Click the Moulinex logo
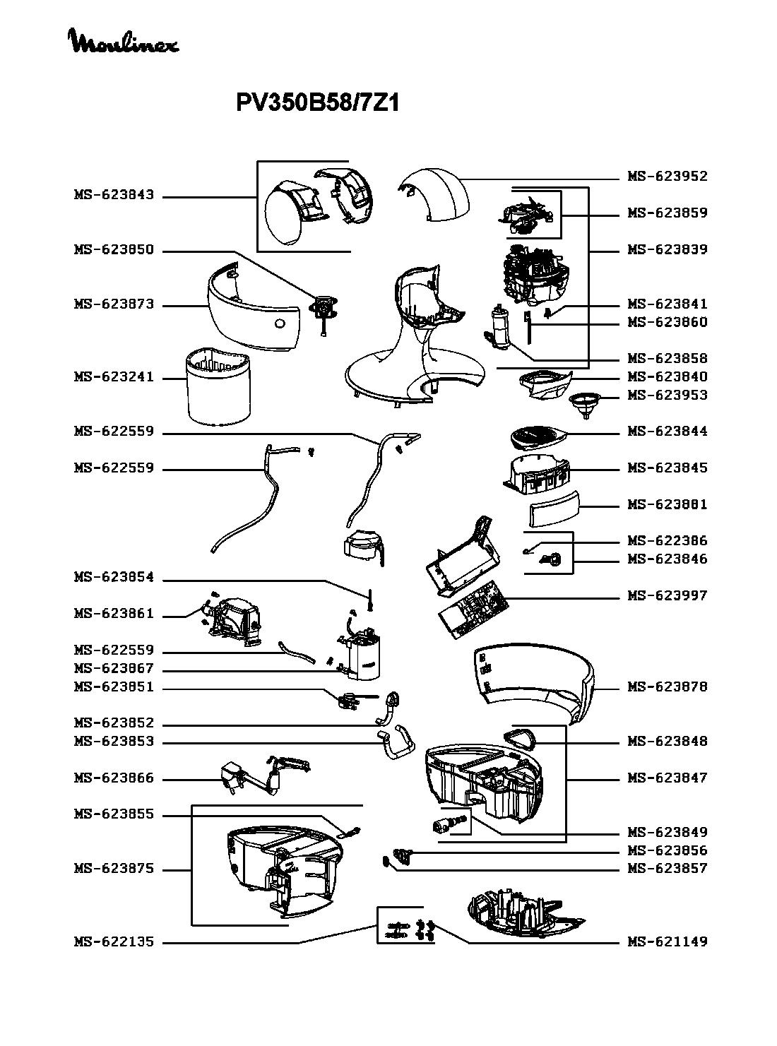[124, 42]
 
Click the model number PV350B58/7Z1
[318, 104]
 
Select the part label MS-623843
[114, 196]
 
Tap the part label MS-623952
[667, 177]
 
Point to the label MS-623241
[114, 378]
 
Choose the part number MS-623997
[667, 596]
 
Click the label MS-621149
[667, 942]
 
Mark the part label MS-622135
[114, 942]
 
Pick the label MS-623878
[667, 687]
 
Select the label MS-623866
[114, 779]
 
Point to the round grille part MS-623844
[536, 436]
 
